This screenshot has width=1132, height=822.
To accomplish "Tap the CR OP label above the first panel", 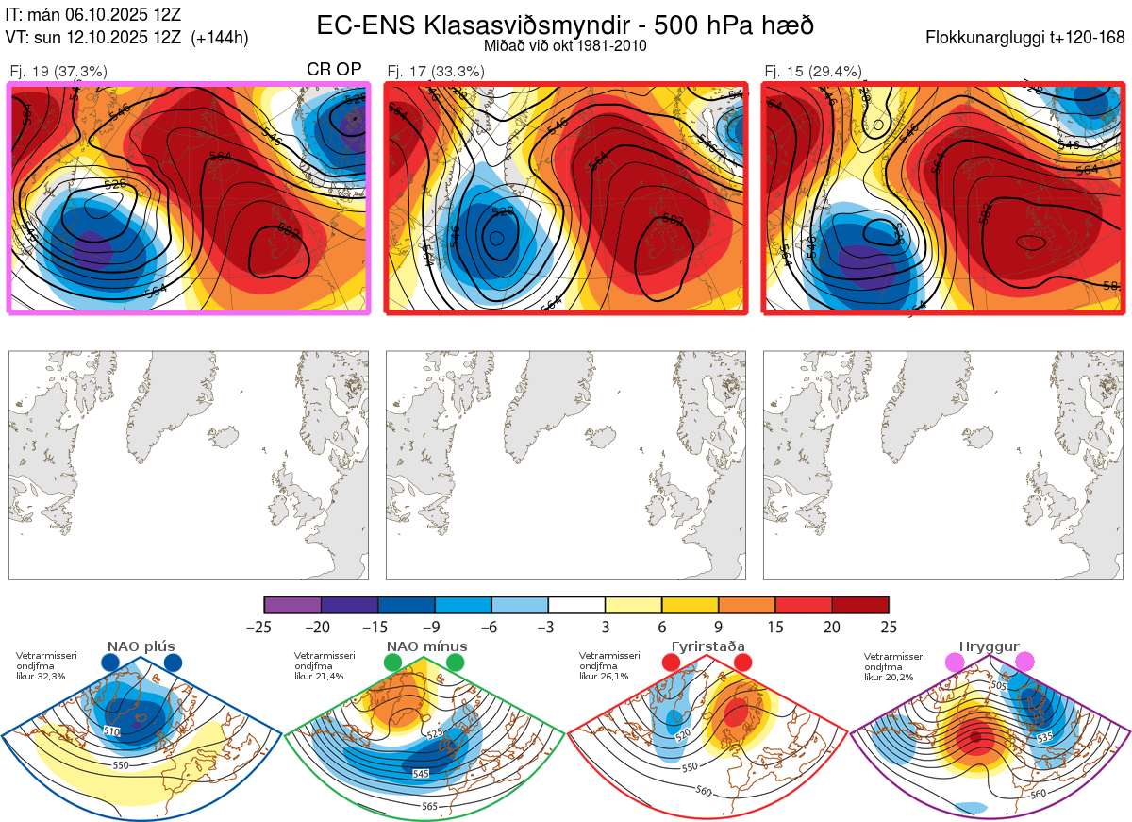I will (335, 70).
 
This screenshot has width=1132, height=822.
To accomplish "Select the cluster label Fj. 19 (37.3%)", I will (58, 71).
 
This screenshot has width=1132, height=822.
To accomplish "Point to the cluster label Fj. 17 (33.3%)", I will (436, 71).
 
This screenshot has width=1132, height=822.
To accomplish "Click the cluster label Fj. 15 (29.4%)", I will (813, 71).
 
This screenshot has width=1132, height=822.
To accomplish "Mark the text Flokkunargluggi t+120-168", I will (1025, 39).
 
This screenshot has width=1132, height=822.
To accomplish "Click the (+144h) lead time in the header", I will (219, 38).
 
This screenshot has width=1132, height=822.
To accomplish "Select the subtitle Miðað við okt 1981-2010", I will (565, 45).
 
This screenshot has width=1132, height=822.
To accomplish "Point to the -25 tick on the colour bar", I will (264, 627).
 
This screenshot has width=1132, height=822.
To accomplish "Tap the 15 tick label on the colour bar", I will (775, 627).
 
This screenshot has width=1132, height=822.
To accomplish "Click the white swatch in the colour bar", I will (576, 605).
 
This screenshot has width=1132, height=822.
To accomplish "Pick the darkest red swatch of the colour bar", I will (860, 605).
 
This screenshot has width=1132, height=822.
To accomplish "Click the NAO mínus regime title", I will (425, 646).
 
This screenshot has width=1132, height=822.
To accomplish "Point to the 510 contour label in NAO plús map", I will (112, 731).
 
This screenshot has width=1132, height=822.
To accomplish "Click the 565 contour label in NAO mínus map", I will (429, 806).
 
